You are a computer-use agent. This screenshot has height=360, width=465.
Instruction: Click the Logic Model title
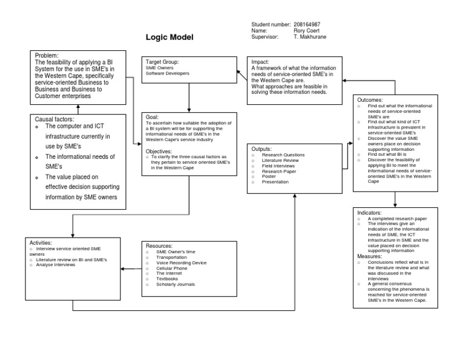point(169,38)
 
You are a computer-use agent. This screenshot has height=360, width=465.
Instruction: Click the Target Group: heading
point(162,62)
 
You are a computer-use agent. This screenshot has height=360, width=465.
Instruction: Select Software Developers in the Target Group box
point(168,73)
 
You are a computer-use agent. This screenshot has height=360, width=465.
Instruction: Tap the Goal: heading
point(152,116)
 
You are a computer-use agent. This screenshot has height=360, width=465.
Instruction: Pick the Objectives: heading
point(163,151)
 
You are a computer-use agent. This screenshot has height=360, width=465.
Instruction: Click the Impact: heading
point(262,62)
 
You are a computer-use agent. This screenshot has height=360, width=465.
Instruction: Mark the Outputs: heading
point(261,148)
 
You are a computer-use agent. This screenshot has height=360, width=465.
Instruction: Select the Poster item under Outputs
point(269,176)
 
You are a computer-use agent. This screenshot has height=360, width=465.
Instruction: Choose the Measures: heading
point(371,256)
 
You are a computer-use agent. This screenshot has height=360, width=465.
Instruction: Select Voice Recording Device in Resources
point(181,262)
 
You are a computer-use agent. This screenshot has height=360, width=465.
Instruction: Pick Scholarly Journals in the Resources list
point(177,284)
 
